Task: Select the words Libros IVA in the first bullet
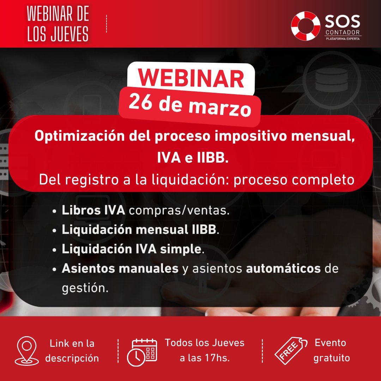click(x=93, y=211)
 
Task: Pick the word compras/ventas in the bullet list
click(x=179, y=211)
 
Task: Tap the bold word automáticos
click(x=283, y=268)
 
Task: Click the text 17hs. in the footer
click(x=217, y=358)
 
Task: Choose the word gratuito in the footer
click(x=332, y=358)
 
